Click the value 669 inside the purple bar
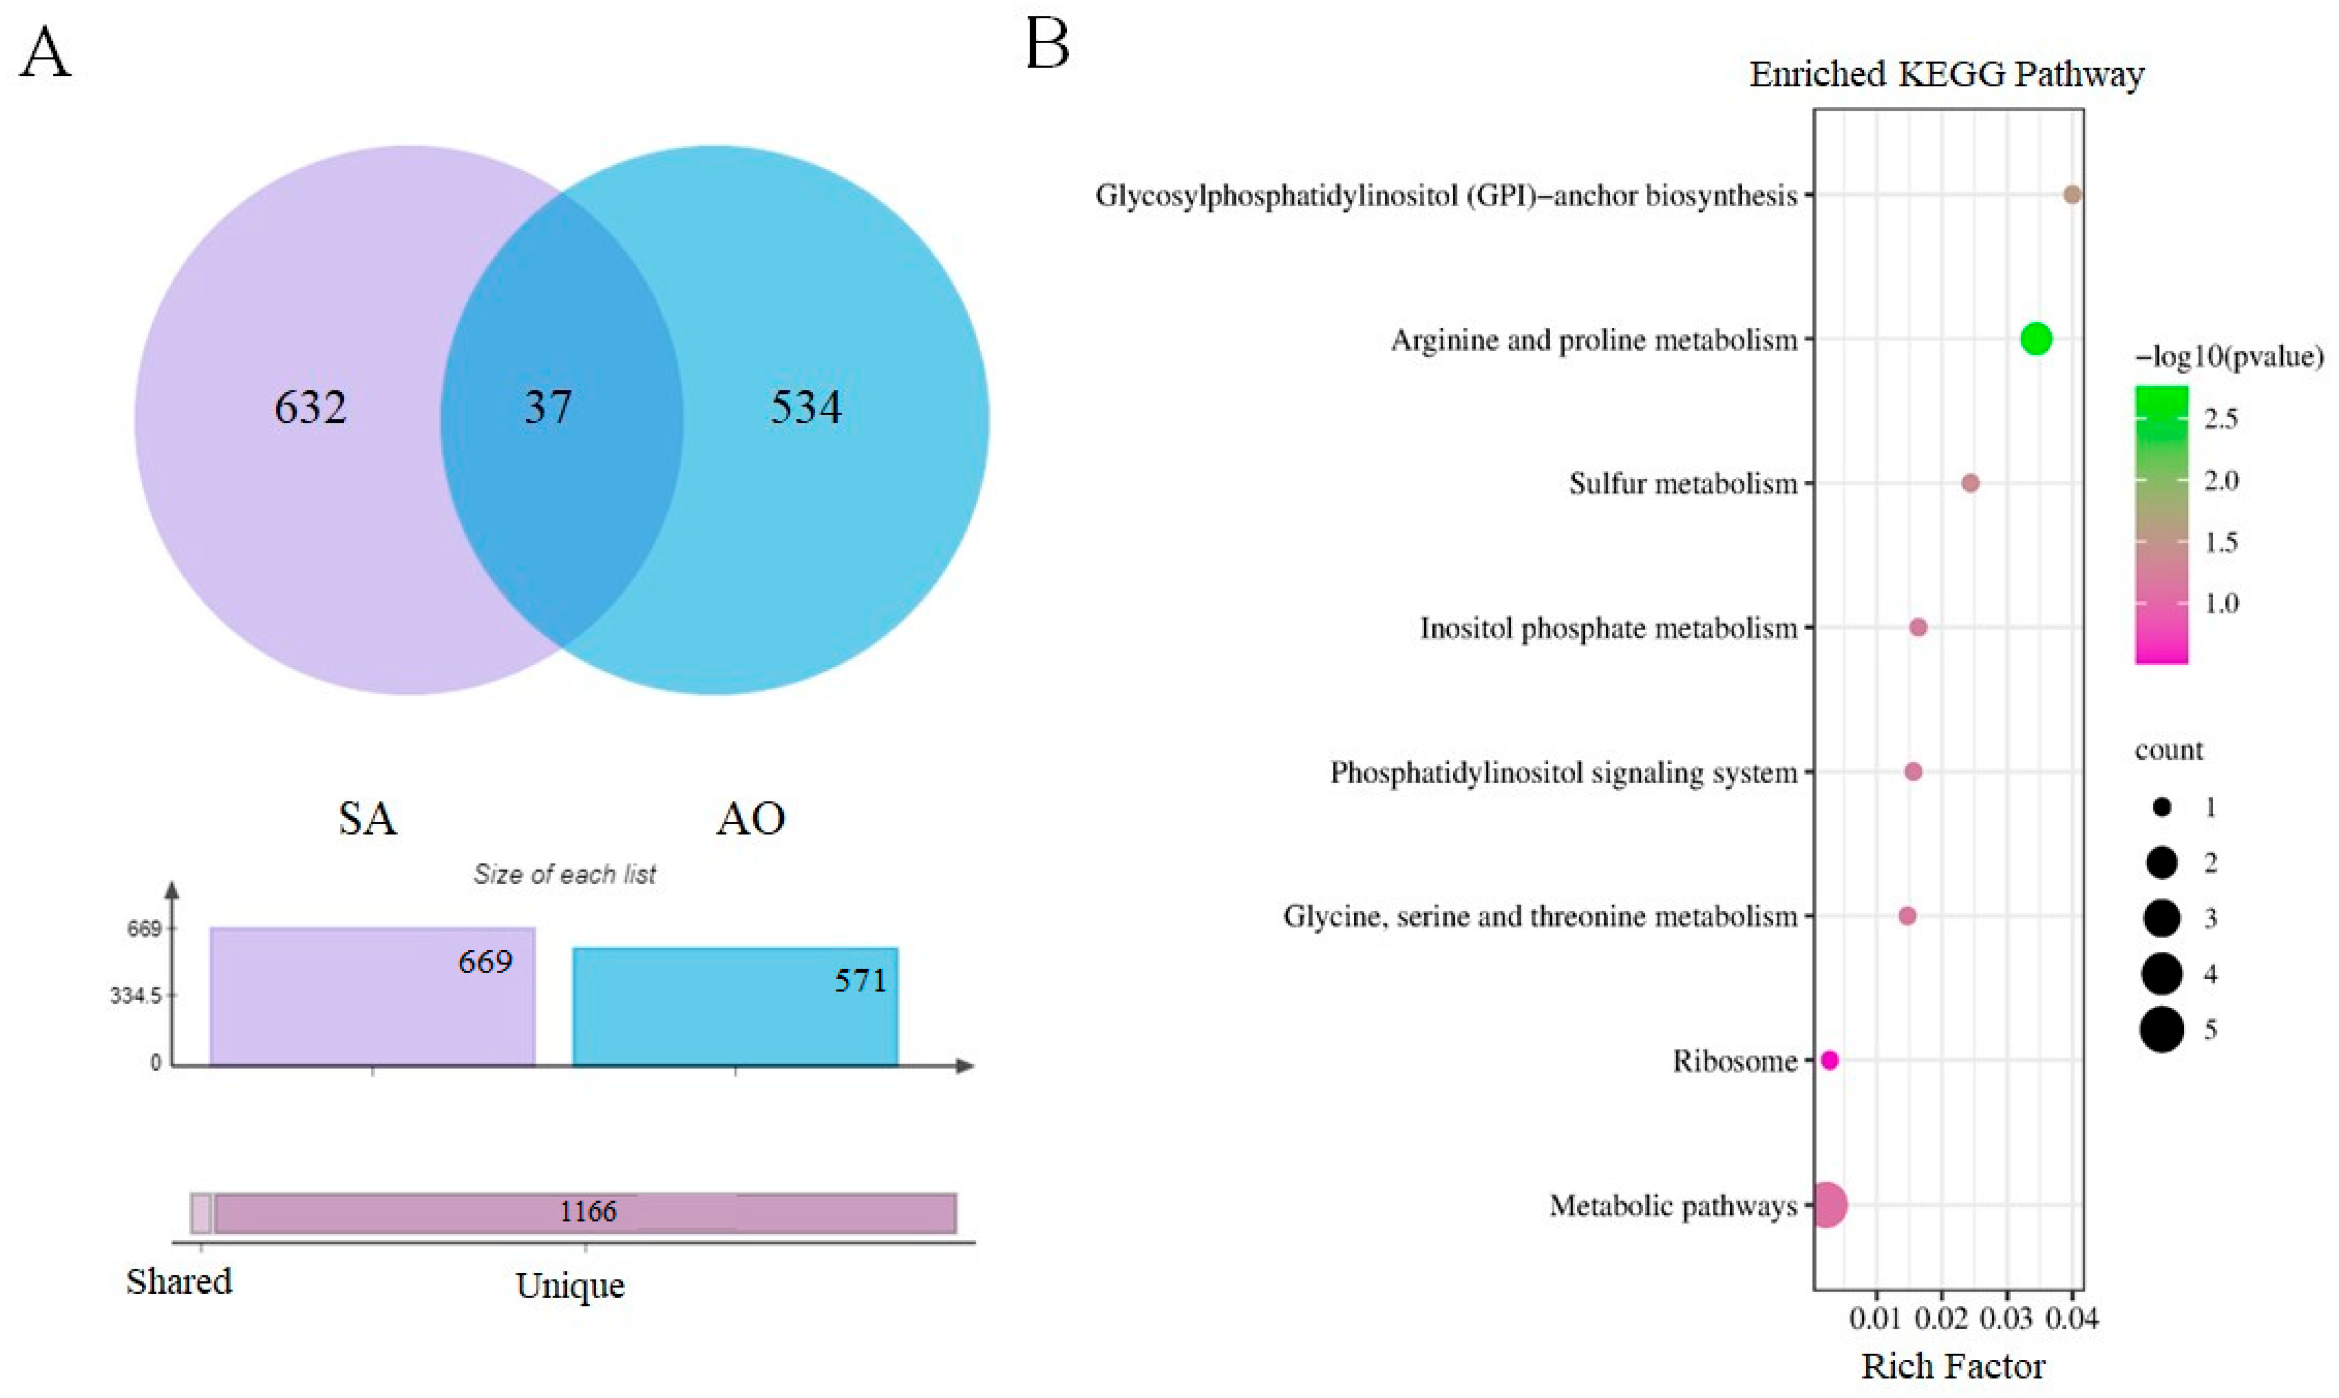(x=485, y=962)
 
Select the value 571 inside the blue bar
(x=860, y=981)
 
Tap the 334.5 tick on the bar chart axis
(x=136, y=996)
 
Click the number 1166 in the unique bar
(x=588, y=1211)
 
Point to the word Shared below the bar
(x=179, y=1281)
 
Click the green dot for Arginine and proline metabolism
(x=2036, y=338)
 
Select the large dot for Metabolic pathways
(x=1827, y=1205)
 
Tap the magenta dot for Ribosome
(x=1830, y=1060)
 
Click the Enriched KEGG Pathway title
(x=1946, y=74)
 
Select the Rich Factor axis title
(x=1953, y=1366)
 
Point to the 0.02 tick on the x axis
(x=1941, y=1318)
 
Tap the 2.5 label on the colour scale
(x=2220, y=418)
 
